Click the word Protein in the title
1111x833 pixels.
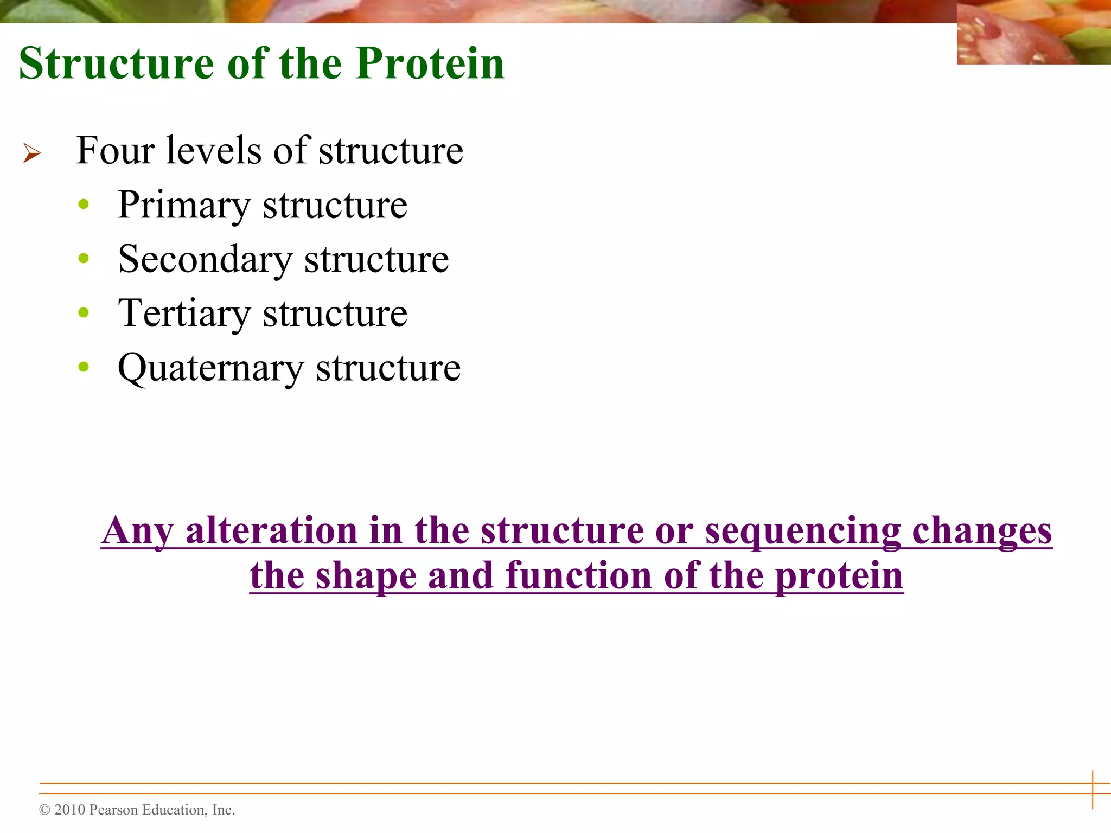click(430, 63)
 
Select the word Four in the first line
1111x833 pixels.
click(115, 150)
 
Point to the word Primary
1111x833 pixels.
click(184, 206)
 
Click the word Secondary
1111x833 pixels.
click(205, 259)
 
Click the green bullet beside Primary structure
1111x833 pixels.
click(84, 204)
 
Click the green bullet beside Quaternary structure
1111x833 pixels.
click(84, 367)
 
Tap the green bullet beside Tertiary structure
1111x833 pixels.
click(84, 312)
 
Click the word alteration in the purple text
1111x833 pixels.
click(271, 530)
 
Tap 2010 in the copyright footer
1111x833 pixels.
click(70, 810)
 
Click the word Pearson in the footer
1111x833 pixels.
click(113, 810)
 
